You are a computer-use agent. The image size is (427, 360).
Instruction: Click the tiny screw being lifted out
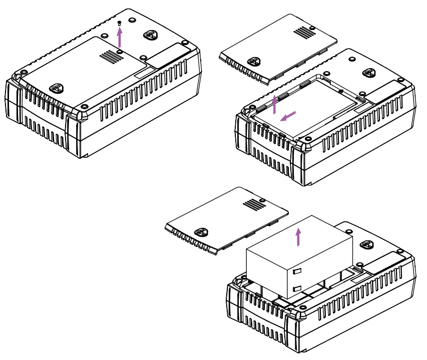(x=119, y=23)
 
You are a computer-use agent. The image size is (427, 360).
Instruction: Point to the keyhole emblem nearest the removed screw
(x=150, y=35)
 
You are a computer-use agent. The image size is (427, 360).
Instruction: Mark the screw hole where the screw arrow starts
(x=120, y=49)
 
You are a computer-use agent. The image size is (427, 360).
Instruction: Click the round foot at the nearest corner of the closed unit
(x=84, y=107)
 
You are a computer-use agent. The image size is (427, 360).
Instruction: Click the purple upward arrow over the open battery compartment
(x=274, y=104)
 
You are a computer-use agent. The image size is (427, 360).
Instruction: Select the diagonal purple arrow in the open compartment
(x=289, y=116)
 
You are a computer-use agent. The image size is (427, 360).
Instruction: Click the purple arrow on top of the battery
(x=299, y=236)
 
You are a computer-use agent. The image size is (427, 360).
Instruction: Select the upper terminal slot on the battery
(x=296, y=270)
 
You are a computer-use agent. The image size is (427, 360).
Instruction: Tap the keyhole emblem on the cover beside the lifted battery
(x=201, y=232)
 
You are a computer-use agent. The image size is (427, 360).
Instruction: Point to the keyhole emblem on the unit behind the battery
(x=368, y=244)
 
